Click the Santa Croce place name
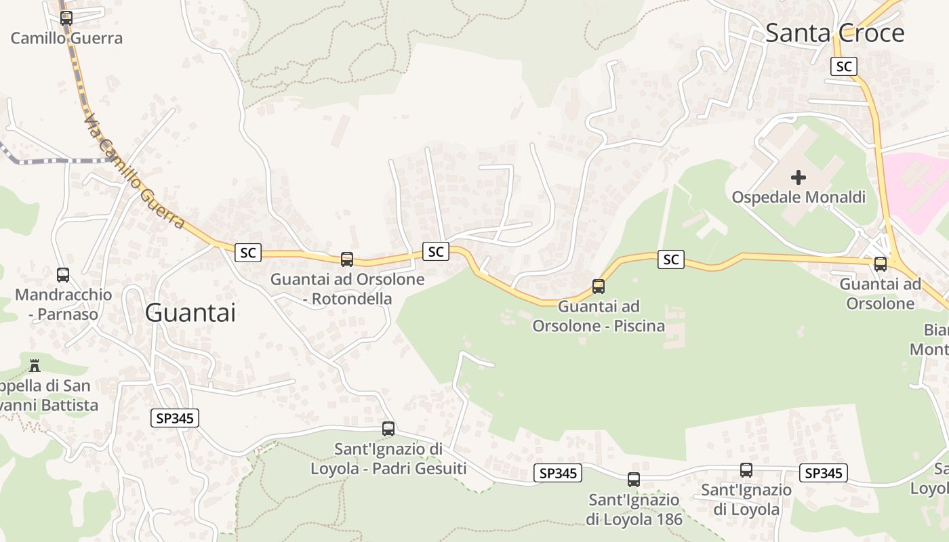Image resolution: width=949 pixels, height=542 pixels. tap(834, 33)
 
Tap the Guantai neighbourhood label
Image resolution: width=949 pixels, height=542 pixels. tap(190, 313)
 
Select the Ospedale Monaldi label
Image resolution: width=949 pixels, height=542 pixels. tap(799, 197)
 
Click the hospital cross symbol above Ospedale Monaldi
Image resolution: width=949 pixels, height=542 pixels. tap(799, 178)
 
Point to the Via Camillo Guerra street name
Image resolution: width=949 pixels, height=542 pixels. tap(134, 171)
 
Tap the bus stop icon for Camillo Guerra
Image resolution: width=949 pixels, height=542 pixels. tap(66, 18)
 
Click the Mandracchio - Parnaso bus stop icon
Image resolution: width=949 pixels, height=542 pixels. tap(63, 275)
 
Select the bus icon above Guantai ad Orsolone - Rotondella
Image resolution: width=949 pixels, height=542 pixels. tap(347, 259)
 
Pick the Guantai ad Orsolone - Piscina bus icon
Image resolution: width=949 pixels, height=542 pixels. tap(599, 287)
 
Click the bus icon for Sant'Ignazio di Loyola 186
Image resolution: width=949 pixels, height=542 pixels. tap(634, 480)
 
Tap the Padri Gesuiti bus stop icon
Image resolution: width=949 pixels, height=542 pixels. tap(388, 429)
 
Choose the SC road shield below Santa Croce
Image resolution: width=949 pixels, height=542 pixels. tap(844, 66)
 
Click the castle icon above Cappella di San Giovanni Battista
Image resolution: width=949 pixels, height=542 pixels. tap(35, 367)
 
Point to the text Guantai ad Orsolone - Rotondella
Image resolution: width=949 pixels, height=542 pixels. tap(347, 289)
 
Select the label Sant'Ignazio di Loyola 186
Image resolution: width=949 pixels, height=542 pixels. tap(634, 509)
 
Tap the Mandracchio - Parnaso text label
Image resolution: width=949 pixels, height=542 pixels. tap(63, 304)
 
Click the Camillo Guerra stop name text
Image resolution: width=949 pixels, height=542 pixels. tap(66, 38)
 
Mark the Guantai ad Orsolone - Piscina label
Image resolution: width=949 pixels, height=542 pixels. tap(599, 316)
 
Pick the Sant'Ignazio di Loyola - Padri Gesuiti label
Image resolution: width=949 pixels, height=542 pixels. tap(388, 459)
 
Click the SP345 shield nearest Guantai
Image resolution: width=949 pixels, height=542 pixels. tap(175, 418)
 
